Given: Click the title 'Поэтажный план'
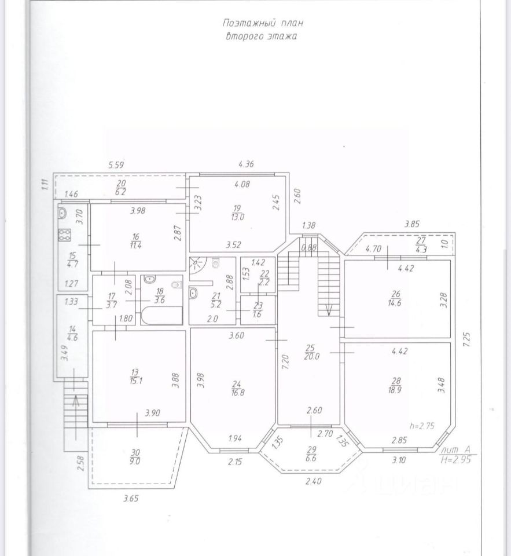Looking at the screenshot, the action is pyautogui.click(x=262, y=23).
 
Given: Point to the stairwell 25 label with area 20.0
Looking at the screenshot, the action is pyautogui.click(x=311, y=352).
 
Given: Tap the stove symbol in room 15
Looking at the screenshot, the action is pyautogui.click(x=64, y=235).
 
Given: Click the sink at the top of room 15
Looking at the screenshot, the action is pyautogui.click(x=64, y=213).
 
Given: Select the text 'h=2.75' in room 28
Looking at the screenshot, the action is pyautogui.click(x=422, y=425).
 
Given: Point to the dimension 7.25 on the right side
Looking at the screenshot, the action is pyautogui.click(x=467, y=338).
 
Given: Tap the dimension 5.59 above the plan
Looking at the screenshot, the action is pyautogui.click(x=117, y=166).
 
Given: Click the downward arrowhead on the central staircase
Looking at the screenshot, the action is pyautogui.click(x=328, y=310).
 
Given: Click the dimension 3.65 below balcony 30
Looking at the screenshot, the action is pyautogui.click(x=132, y=497).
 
